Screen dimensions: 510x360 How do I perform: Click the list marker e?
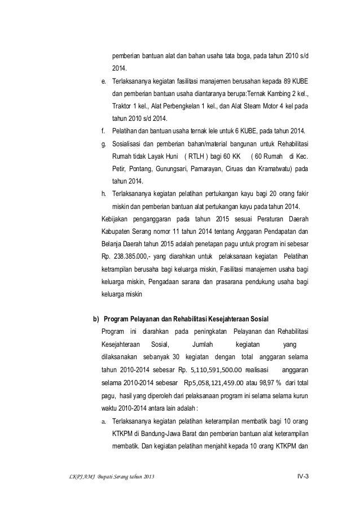coord(103,80)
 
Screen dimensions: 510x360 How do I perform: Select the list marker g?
coord(103,143)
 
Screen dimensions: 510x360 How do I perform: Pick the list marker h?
coord(103,193)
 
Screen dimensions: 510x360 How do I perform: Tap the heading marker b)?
coord(96,315)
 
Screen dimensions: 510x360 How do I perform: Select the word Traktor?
coord(123,106)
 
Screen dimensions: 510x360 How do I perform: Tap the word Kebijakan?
coord(115,218)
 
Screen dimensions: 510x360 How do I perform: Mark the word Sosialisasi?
coord(128,143)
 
